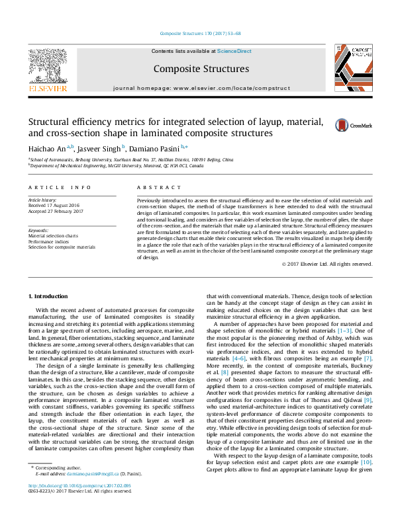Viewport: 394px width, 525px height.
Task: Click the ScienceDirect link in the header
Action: (234, 51)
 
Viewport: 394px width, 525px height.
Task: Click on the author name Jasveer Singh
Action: (102, 148)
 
